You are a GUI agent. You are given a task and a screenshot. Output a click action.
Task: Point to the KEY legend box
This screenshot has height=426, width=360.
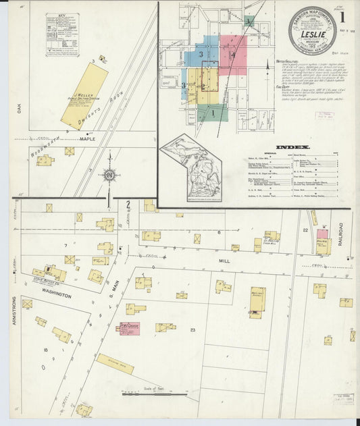62,35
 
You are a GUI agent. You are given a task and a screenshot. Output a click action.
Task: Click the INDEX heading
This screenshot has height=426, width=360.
292,147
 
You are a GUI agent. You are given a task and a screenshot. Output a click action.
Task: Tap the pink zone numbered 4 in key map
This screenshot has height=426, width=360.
232,53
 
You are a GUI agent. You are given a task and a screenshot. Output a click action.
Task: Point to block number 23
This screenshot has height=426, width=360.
192,329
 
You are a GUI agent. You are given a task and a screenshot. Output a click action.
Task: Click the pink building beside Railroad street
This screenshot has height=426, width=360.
322,234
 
